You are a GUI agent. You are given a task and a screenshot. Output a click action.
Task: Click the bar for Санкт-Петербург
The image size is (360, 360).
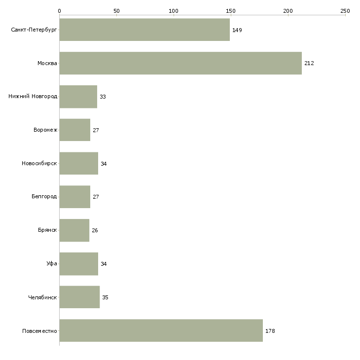pos(144,30)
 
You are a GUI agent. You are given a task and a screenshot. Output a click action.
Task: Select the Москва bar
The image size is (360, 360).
pos(180,63)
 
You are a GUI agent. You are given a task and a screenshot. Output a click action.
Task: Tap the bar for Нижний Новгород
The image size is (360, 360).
pos(78,97)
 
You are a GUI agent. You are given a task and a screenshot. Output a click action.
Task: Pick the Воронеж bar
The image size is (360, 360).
pos(74,130)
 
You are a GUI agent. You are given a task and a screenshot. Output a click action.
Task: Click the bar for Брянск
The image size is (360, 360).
pos(74,230)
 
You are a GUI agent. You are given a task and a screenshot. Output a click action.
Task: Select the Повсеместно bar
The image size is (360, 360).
pos(161,330)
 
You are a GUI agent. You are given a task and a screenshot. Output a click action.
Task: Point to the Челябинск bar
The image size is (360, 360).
pos(79,297)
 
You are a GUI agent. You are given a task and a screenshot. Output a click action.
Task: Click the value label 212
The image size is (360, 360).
pos(309,64)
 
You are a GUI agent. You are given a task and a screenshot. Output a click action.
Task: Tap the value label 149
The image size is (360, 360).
pos(237,30)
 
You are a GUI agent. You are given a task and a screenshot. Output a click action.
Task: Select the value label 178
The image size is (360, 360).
pos(270,331)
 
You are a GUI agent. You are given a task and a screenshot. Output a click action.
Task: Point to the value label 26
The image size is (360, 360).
pos(95,230)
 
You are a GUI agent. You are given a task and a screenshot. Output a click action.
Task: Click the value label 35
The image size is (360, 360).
pos(105,297)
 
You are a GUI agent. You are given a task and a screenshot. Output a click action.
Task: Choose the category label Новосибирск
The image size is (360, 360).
pos(39,163)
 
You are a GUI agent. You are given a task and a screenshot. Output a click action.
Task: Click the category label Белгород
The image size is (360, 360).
pos(44,197)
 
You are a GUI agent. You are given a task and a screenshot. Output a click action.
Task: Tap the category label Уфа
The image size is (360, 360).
pos(52,264)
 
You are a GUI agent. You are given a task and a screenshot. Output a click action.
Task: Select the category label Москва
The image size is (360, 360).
pos(47,63)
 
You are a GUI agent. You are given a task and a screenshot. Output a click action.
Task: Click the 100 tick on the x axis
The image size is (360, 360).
pos(174,10)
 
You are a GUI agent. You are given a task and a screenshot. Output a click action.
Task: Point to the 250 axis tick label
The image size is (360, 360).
pos(345,10)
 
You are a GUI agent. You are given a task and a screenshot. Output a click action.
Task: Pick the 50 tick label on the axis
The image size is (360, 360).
pos(116,10)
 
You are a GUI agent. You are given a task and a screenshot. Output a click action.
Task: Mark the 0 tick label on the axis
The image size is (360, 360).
pos(59,10)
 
